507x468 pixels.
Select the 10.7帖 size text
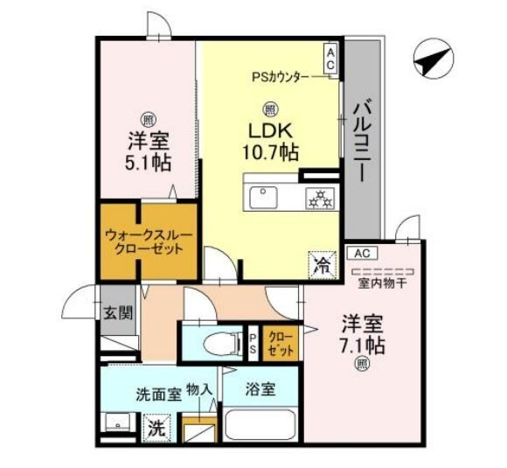[271, 152]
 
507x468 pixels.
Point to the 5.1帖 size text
[147, 162]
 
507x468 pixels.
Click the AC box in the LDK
[331, 59]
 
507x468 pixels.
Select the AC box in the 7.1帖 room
[362, 253]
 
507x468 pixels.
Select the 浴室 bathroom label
[260, 389]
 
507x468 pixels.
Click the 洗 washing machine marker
[155, 430]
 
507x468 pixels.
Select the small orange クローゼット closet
[280, 343]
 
